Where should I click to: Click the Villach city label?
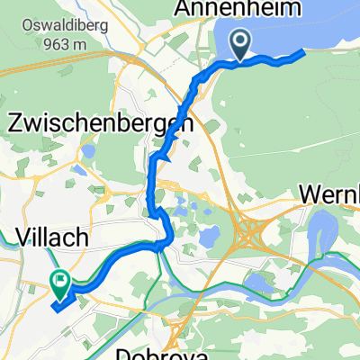click(52, 238)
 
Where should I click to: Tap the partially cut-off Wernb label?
click(329, 194)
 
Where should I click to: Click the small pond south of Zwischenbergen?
click(206, 238)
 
